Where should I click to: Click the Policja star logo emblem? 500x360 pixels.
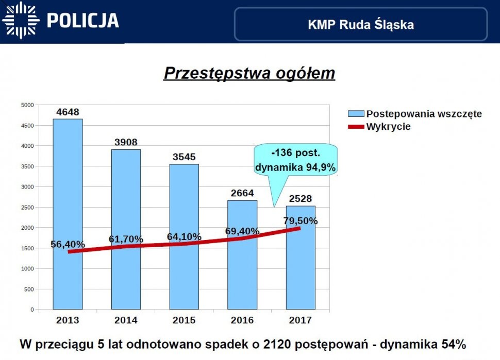coord(20,20)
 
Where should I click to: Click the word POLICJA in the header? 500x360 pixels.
coord(82,21)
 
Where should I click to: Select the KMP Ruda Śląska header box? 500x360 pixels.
coord(360,24)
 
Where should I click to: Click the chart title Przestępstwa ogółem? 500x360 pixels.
coord(249,73)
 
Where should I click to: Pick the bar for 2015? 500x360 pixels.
coord(184,237)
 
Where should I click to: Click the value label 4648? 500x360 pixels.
coord(68,112)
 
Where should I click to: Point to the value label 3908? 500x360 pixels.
coord(126,142)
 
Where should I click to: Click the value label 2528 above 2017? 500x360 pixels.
coord(300,199)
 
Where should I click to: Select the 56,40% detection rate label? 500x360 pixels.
coord(68,245)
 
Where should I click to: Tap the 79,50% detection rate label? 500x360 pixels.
coord(300,221)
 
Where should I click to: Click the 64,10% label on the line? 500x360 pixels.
coord(184,237)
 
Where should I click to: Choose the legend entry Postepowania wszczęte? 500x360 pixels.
coord(424,114)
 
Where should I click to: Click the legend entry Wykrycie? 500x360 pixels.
coord(388,127)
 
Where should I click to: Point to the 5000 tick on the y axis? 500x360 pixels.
coord(27,105)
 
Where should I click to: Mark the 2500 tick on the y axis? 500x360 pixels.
coord(27,208)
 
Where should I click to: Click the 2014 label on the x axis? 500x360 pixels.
coord(126,320)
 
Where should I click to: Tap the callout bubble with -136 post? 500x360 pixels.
coord(296,160)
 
